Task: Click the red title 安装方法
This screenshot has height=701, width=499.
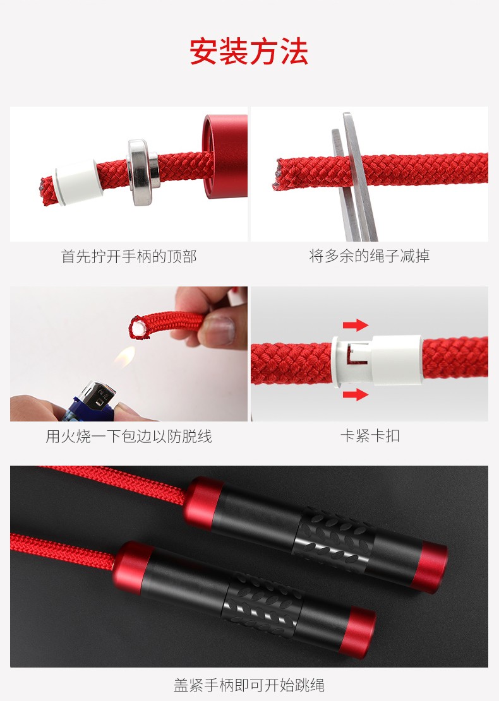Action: coord(249,51)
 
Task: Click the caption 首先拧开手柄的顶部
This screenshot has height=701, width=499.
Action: coord(129,257)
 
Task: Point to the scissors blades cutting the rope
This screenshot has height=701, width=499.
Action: coord(355,177)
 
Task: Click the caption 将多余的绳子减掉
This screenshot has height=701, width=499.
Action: coord(370,256)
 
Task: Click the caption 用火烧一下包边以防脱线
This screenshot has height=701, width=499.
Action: coord(129,437)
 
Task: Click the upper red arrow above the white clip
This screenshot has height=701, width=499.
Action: coord(356,325)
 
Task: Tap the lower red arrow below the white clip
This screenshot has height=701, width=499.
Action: coord(356,394)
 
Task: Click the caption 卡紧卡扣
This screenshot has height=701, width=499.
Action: coord(370,436)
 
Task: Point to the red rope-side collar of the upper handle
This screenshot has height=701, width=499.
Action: coord(202,503)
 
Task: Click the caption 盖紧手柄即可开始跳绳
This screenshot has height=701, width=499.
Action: coord(249,685)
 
